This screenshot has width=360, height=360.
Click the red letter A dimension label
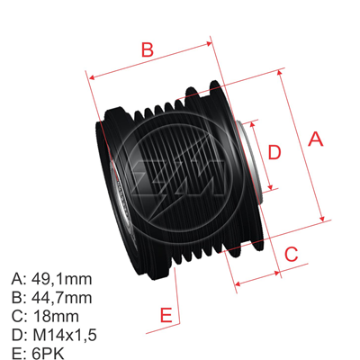315,139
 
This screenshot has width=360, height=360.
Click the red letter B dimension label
148,49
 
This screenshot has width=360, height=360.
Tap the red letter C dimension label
291,255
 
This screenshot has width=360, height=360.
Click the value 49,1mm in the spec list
62,278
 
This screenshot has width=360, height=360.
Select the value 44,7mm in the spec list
62,297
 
